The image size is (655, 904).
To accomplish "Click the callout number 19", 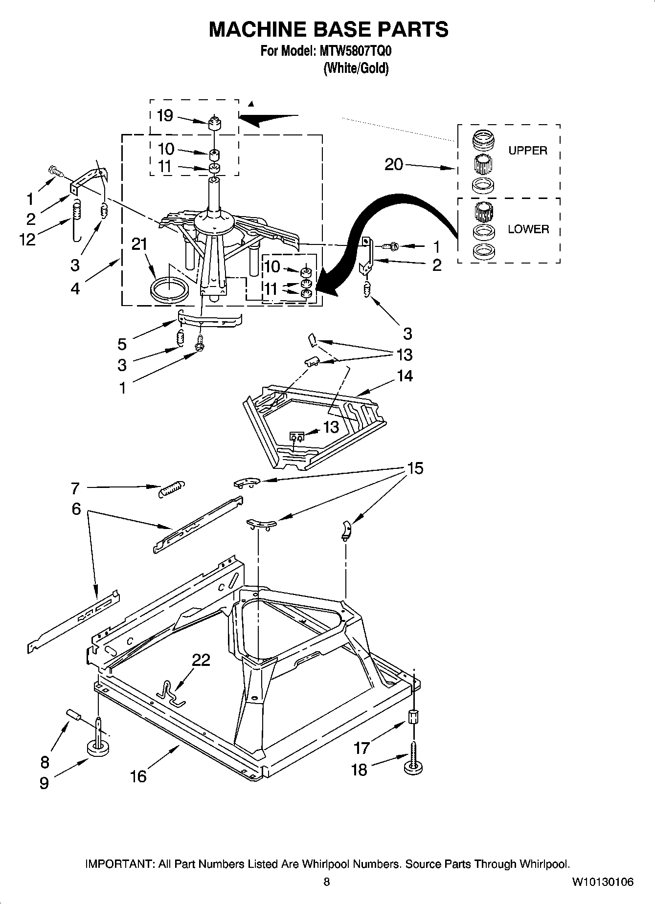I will (165, 116).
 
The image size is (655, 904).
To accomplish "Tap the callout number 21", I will (140, 244).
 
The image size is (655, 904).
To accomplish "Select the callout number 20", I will (393, 165).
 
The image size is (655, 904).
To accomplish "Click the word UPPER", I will (527, 151).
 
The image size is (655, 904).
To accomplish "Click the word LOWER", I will (528, 229).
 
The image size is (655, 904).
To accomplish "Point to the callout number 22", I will (201, 660).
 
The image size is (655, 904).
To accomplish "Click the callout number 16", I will (138, 776).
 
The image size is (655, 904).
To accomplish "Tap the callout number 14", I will (405, 376).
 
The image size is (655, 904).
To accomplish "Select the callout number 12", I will (28, 240).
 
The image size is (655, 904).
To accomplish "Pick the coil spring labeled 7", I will (172, 488).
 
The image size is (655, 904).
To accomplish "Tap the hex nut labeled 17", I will (413, 717).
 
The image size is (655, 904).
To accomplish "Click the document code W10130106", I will (603, 882).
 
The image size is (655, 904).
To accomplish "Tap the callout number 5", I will (122, 344).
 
